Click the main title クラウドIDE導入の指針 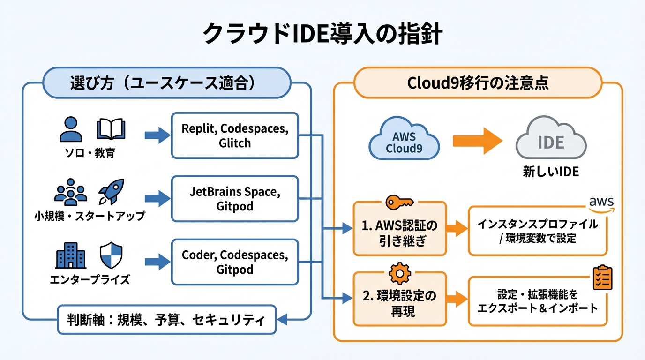click(x=322, y=34)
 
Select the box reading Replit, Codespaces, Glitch click(x=235, y=135)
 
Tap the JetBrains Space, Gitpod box click(x=235, y=199)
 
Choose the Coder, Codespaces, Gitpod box click(x=235, y=262)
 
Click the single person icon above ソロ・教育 click(x=71, y=129)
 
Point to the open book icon click(x=111, y=129)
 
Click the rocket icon click(x=111, y=192)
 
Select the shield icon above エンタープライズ click(x=111, y=256)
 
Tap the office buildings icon click(x=71, y=256)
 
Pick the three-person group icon click(x=71, y=192)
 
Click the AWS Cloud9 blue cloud click(x=404, y=141)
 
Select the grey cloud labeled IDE click(x=551, y=141)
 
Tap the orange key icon click(x=399, y=203)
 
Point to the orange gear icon click(x=400, y=274)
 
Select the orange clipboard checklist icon click(x=602, y=278)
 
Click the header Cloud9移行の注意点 click(x=478, y=83)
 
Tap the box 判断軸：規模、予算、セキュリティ click(x=167, y=321)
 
